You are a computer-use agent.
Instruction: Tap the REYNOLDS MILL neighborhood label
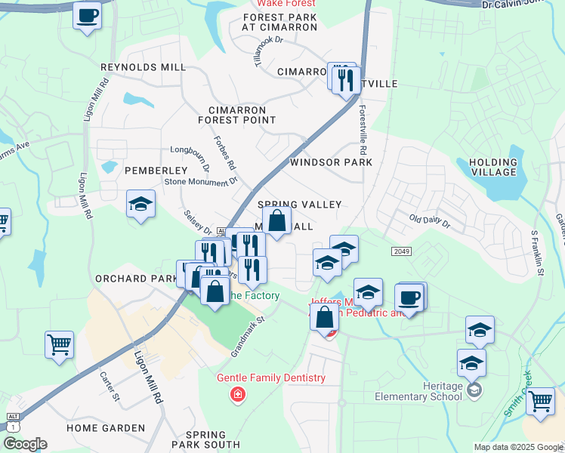pos(144,67)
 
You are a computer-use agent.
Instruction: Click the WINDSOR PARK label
pos(331,162)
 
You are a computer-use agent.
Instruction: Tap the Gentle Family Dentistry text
pos(271,377)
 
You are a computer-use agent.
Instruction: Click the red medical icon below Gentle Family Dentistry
pos(239,395)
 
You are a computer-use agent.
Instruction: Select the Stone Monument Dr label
pos(201,182)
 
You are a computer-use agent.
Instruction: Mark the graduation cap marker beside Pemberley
pos(140,205)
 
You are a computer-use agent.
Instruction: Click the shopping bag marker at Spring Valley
pos(277,221)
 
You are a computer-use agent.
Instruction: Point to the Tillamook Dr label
pos(269,53)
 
